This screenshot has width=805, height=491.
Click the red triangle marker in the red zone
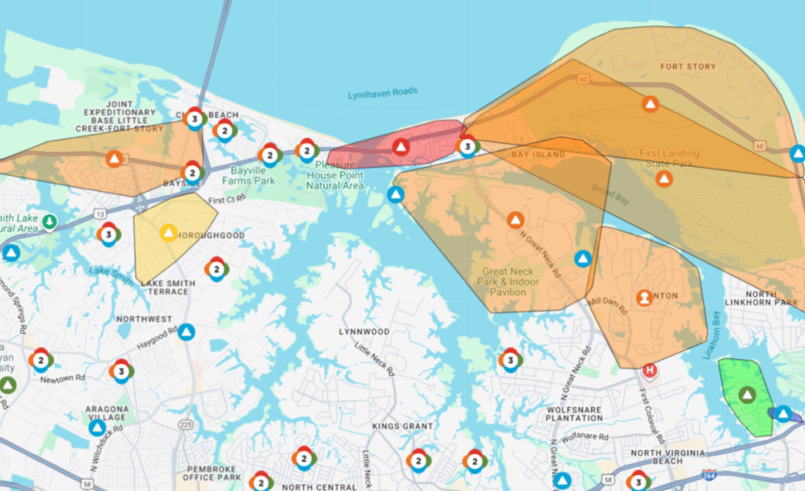click(x=401, y=146)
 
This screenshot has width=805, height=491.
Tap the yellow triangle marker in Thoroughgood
click(x=168, y=232)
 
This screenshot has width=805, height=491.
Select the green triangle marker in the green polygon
click(x=746, y=395)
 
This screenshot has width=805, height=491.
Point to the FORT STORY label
click(x=689, y=67)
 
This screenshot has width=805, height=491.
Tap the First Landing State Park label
click(x=664, y=158)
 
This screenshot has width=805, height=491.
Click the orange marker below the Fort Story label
click(x=650, y=104)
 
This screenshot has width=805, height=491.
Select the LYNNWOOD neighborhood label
click(x=364, y=332)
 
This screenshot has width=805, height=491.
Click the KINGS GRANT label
click(x=402, y=426)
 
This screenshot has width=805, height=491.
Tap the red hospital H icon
click(x=649, y=370)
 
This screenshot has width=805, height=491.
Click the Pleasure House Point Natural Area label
click(x=335, y=175)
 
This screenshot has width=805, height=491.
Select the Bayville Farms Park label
click(x=253, y=175)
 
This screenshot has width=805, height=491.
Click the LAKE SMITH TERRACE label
click(x=165, y=286)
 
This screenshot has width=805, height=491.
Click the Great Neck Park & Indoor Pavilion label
click(x=508, y=281)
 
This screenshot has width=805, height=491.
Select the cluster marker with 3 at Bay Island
click(x=467, y=146)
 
